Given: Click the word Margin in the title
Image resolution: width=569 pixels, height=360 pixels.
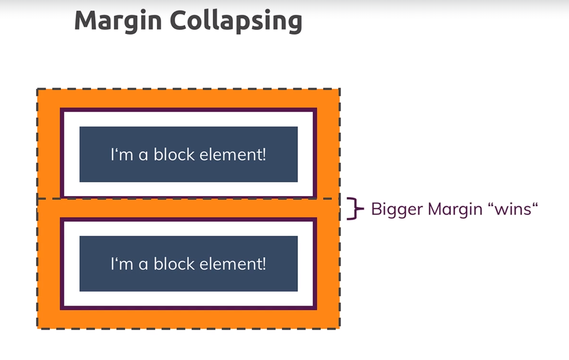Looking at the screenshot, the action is pos(118,20).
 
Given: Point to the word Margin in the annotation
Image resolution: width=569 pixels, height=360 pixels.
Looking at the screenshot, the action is pos(455,209).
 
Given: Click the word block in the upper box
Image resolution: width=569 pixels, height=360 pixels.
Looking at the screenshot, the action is pos(174,155).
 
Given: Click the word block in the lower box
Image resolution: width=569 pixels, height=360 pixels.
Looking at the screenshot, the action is pos(174,264).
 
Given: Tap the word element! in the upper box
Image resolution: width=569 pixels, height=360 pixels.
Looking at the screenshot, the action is pos(233,155).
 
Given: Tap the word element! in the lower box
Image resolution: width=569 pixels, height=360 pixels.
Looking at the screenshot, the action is pos(233,264).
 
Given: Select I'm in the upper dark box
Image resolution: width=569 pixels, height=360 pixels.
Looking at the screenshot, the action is pos(121,155).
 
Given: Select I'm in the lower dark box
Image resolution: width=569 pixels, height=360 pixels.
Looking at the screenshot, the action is pos(121,264).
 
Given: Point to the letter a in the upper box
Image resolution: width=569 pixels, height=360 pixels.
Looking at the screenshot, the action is pos(143,156).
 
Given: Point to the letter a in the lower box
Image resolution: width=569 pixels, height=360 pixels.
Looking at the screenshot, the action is pos(143,265).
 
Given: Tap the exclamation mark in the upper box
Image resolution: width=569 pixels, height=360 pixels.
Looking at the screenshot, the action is pos(264,155).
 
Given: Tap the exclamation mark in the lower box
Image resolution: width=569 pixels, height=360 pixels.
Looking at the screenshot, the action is pos(264,264).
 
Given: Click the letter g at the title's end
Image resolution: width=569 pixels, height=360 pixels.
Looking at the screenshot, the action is pos(294,22).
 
